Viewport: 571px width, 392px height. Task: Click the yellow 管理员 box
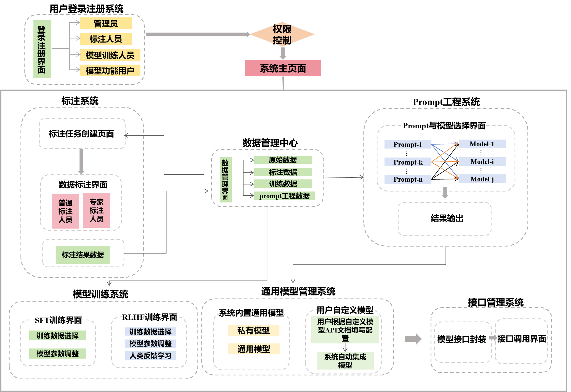(x=106, y=24)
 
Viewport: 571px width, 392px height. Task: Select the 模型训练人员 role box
(x=110, y=55)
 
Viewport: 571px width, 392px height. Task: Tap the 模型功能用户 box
(x=110, y=70)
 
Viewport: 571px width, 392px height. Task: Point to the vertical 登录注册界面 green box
(x=42, y=49)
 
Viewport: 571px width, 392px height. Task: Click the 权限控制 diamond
(x=282, y=35)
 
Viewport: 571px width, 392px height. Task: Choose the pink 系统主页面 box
(x=283, y=68)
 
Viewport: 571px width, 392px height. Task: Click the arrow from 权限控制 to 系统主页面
(x=283, y=53)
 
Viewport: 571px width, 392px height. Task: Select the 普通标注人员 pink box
(x=65, y=211)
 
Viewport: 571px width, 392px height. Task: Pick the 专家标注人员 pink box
(x=97, y=210)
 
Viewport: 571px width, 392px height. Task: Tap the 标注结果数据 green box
(x=83, y=255)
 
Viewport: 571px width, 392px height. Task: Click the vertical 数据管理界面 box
(x=226, y=180)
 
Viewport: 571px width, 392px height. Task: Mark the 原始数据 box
(x=283, y=160)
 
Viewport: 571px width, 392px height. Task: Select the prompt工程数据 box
(x=284, y=196)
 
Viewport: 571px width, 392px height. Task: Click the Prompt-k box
(x=408, y=162)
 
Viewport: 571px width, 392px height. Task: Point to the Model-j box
(x=482, y=179)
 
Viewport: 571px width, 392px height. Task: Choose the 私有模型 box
(x=254, y=331)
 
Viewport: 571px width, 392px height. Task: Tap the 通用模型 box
(x=254, y=349)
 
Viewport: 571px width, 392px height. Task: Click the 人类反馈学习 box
(x=150, y=355)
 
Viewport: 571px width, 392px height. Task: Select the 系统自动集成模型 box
(x=345, y=361)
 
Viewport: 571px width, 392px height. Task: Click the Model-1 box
(x=482, y=144)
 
